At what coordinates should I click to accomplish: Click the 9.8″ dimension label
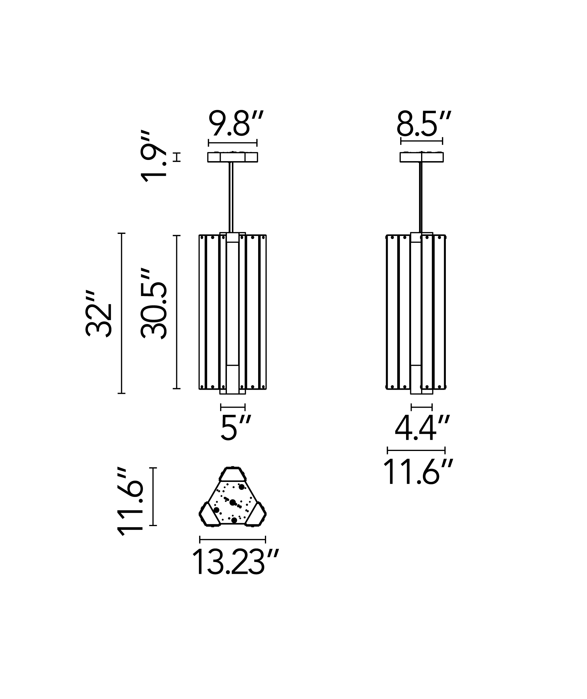pos(236,123)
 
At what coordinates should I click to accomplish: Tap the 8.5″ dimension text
pos(423,123)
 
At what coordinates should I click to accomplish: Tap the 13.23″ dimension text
pos(235,562)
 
